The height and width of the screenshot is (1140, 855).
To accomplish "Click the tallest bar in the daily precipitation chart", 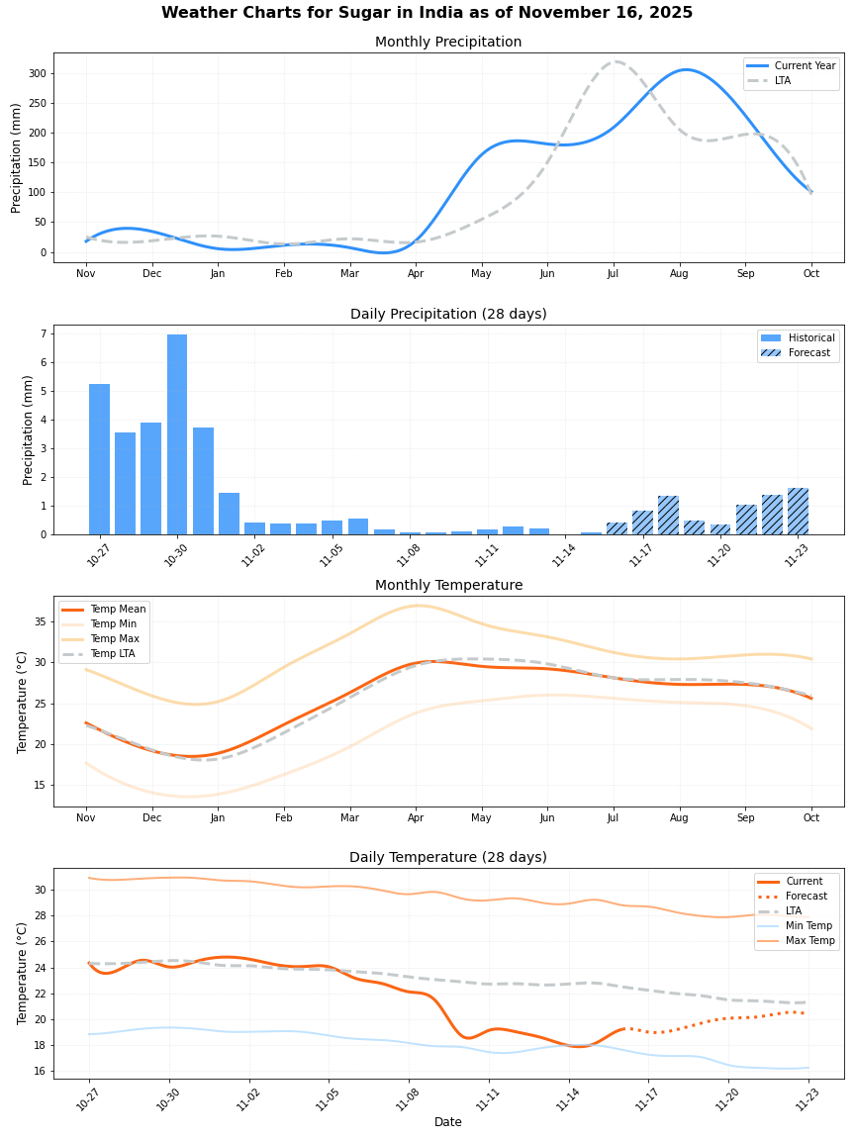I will (x=177, y=435).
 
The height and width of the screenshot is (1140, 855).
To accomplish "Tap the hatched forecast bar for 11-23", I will (x=798, y=512).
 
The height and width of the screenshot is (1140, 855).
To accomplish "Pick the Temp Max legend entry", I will (x=114, y=639).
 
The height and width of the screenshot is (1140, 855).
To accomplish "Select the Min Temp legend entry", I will (x=808, y=925).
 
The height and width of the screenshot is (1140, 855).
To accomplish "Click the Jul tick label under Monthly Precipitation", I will (x=614, y=274).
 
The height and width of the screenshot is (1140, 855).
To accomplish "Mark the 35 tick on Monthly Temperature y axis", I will (x=41, y=621).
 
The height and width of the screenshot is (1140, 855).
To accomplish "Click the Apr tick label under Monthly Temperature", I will (x=416, y=818).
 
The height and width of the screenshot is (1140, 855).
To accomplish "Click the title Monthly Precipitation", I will (x=448, y=43).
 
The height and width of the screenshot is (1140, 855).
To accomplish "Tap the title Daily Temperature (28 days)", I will (x=448, y=858).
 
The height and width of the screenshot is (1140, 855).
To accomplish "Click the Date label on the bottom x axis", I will (x=448, y=1122).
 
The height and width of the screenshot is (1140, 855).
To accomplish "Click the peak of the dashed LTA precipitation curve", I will (x=616, y=61).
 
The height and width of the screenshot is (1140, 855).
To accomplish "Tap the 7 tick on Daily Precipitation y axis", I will (x=44, y=334).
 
